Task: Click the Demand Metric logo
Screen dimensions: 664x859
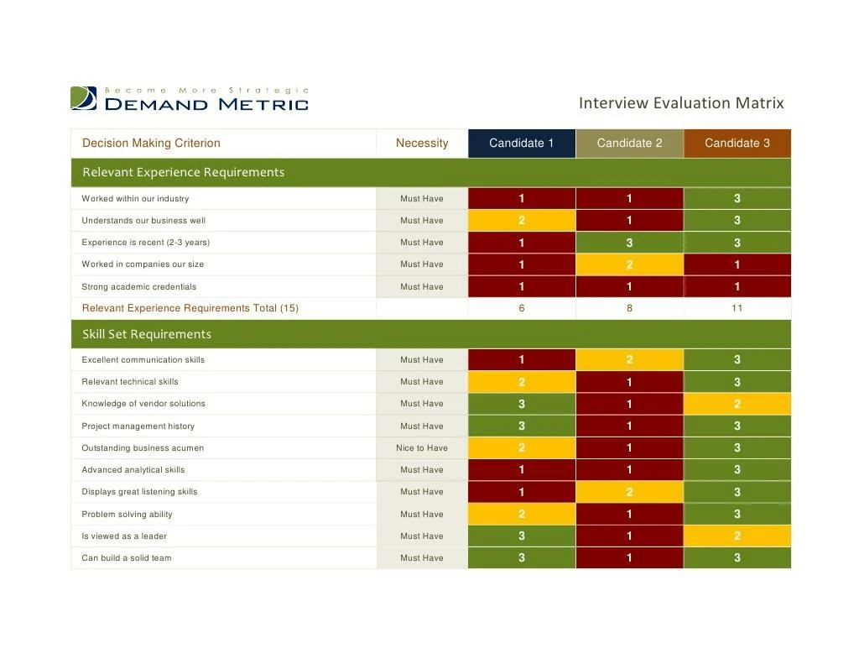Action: pyautogui.click(x=190, y=99)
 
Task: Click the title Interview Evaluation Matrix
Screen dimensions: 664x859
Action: pyautogui.click(x=680, y=103)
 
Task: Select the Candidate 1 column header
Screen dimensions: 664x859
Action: pyautogui.click(x=521, y=144)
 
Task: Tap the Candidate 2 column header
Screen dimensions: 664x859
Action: pyautogui.click(x=629, y=144)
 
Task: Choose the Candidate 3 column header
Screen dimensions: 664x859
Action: pyautogui.click(x=737, y=144)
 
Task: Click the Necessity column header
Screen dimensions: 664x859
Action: pyautogui.click(x=422, y=144)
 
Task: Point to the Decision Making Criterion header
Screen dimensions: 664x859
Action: pyautogui.click(x=151, y=144)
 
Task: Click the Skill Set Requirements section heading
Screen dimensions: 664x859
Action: pyautogui.click(x=147, y=334)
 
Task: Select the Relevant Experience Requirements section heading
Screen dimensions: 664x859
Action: pyautogui.click(x=183, y=172)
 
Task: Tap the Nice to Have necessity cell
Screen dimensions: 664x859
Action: pyautogui.click(x=422, y=448)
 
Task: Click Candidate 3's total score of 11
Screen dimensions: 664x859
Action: pyautogui.click(x=737, y=308)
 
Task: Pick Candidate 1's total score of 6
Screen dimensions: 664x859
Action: pyautogui.click(x=521, y=308)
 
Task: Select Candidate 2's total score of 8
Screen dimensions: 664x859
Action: pyautogui.click(x=629, y=308)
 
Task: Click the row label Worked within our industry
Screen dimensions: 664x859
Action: pyautogui.click(x=135, y=199)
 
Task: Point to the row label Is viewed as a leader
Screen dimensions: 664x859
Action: pyautogui.click(x=124, y=536)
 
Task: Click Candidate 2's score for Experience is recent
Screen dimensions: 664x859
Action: pyautogui.click(x=629, y=243)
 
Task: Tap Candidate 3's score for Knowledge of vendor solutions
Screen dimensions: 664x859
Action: pyautogui.click(x=737, y=404)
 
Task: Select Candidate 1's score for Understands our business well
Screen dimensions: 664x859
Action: pyautogui.click(x=521, y=221)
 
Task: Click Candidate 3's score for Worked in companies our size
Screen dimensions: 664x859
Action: pyautogui.click(x=737, y=264)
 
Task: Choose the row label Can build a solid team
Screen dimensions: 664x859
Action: pyautogui.click(x=127, y=558)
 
